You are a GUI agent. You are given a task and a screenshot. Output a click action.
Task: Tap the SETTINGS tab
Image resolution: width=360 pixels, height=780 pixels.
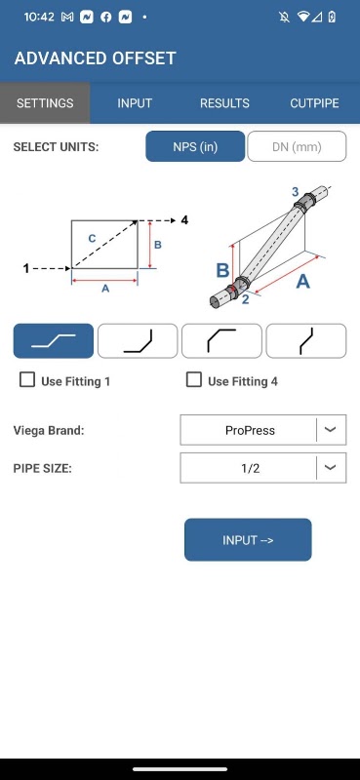45,103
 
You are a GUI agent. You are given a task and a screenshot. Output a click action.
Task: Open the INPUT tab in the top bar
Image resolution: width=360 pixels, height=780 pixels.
135,103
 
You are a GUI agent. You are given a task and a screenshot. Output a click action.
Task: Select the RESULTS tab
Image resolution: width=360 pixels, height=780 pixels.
224,103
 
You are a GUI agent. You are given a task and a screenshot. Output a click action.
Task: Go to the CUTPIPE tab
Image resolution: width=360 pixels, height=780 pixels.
315,103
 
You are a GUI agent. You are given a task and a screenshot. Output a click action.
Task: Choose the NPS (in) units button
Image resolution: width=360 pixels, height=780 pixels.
195,146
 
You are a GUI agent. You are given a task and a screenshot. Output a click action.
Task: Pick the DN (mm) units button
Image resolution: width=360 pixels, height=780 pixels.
297,146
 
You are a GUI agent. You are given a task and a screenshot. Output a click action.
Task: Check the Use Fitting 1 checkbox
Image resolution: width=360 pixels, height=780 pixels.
27,380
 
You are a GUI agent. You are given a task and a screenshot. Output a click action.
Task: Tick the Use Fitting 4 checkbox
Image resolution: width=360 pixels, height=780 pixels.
194,380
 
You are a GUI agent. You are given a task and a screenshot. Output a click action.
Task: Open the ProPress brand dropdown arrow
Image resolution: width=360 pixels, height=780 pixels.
331,430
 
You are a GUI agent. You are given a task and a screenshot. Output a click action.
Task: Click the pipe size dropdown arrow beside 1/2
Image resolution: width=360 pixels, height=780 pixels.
331,468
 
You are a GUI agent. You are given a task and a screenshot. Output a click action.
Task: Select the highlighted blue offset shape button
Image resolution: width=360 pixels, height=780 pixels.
54,340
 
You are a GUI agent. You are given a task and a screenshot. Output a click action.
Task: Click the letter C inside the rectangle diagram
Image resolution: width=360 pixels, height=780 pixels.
92,239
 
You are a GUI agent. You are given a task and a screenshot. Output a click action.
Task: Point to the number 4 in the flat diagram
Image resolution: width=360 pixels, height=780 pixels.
184,220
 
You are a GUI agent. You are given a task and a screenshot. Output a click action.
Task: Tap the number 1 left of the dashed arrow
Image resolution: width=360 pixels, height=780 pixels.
26,269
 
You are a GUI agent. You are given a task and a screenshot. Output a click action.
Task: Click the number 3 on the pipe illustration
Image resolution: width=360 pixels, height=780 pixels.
296,191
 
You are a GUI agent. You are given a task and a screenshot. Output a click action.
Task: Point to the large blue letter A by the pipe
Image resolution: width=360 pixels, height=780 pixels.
302,282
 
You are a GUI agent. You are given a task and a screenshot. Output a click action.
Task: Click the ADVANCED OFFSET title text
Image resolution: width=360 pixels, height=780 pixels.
95,58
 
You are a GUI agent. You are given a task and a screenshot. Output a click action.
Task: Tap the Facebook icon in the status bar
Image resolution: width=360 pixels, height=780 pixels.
106,17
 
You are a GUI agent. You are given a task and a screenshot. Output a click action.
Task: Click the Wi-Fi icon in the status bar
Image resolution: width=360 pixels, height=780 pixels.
302,17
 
